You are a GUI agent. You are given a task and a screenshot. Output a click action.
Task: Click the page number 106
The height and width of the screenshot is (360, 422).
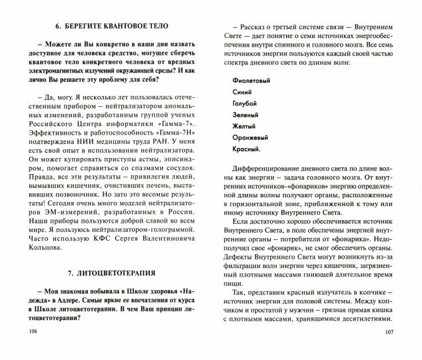click(x=28, y=349)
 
